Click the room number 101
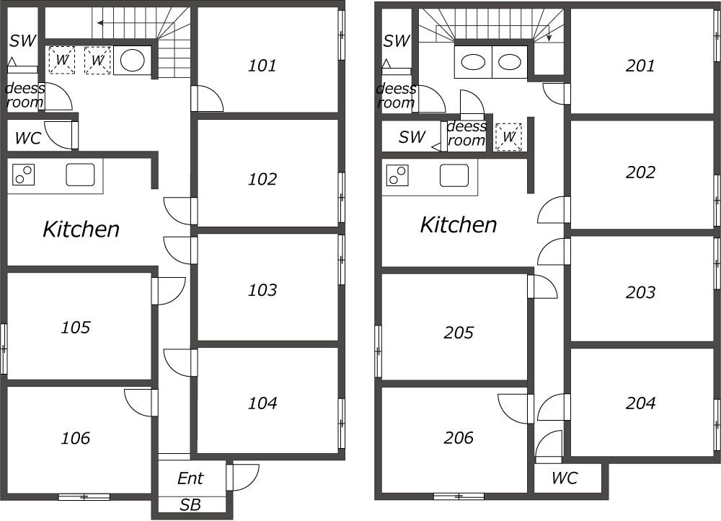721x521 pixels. [x=262, y=66]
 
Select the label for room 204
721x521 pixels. [x=640, y=403]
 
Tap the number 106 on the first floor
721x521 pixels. [x=76, y=438]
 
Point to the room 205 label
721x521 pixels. [x=459, y=332]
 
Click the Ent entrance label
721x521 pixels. [x=190, y=478]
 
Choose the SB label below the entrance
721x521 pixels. [x=190, y=505]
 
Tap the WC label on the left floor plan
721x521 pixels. [x=28, y=138]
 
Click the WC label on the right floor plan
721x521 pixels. [x=565, y=478]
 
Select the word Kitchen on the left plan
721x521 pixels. [x=81, y=229]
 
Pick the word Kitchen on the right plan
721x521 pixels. [x=459, y=224]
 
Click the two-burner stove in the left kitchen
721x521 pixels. [x=24, y=175]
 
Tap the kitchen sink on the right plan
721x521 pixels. [x=454, y=175]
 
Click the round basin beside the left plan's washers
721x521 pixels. [x=133, y=61]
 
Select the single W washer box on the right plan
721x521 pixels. [x=508, y=136]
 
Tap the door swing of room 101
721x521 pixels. [x=208, y=98]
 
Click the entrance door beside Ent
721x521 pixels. [x=243, y=478]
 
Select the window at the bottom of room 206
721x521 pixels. [x=459, y=496]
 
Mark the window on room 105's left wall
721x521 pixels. [x=4, y=349]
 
